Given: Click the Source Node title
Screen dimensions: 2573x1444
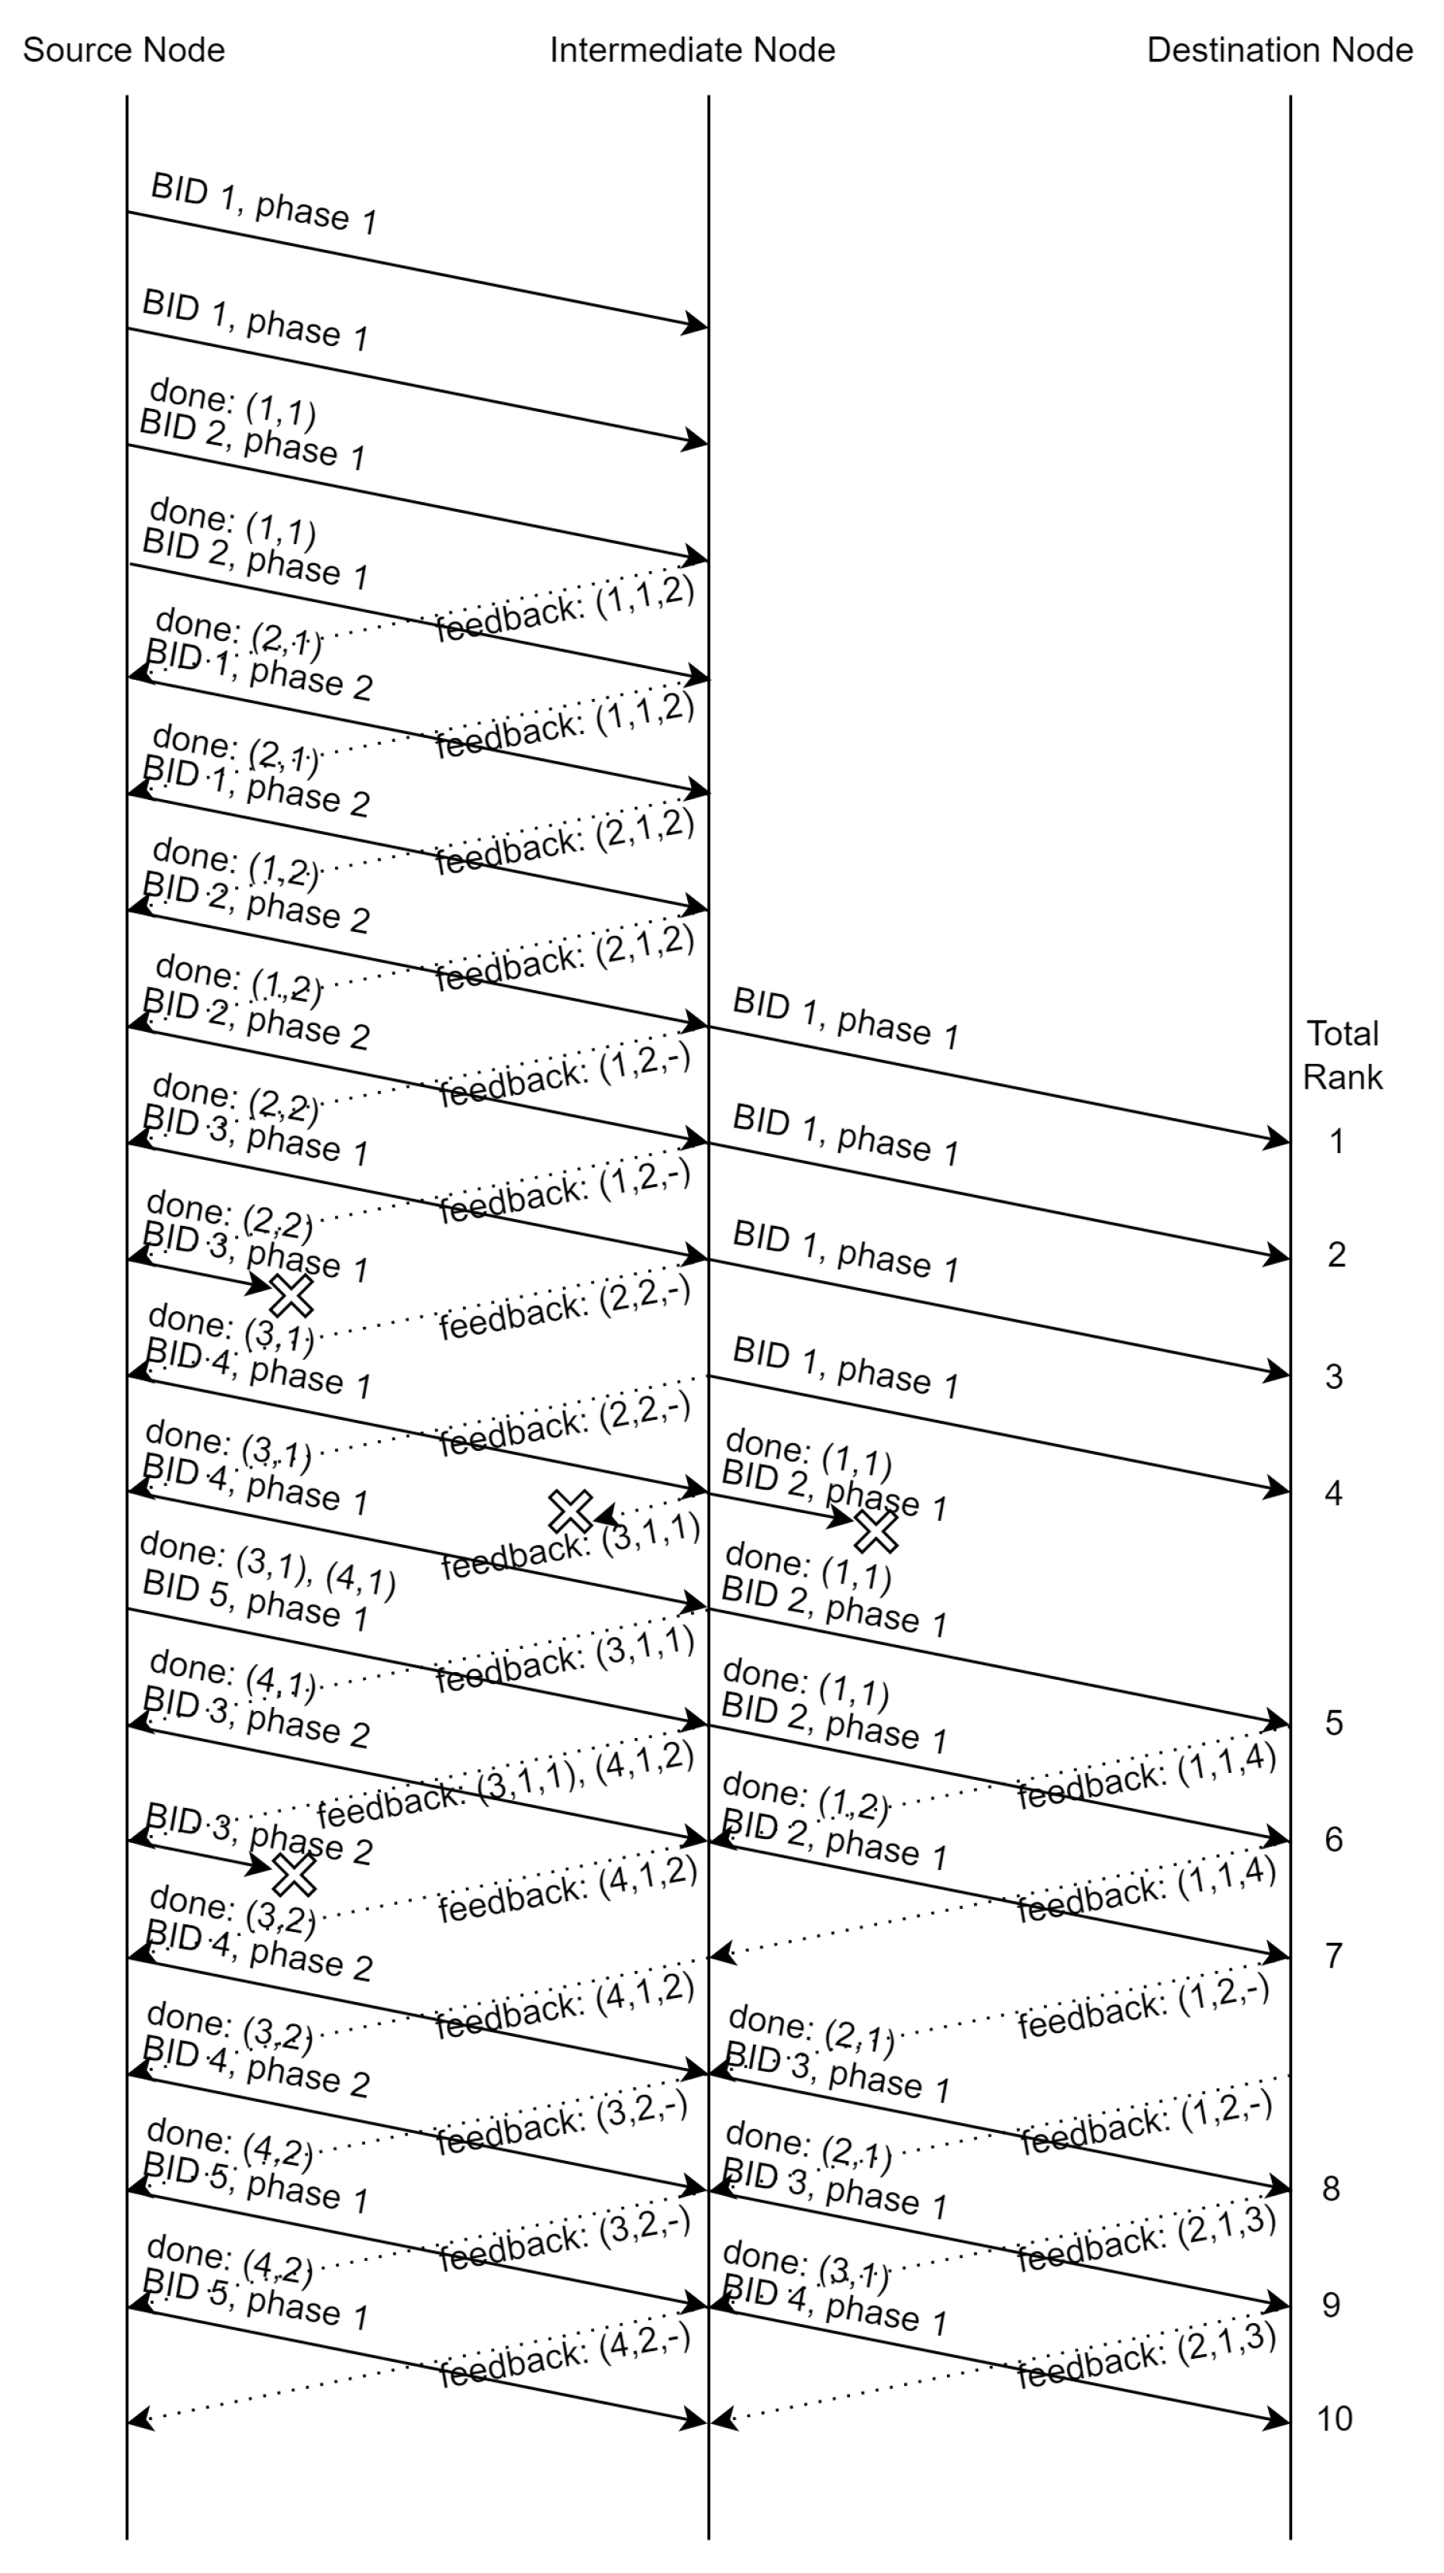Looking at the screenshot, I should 124,50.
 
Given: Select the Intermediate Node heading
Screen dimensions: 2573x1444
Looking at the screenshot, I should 692,50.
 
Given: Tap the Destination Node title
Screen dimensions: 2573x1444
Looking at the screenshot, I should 1280,50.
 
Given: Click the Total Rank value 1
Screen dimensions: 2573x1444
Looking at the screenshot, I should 1336,1141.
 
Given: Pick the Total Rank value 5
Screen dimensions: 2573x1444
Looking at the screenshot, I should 1333,1722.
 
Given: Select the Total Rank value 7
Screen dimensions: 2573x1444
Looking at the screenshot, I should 1333,1955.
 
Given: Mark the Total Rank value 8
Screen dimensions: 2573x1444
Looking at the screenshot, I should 1331,2187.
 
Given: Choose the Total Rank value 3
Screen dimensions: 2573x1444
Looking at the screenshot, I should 1333,1377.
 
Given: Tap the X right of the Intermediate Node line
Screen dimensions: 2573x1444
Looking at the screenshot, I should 876,1531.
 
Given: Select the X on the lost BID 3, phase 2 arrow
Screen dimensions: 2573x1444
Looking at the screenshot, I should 295,1875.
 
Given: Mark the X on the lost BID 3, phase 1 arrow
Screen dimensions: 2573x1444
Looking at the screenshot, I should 292,1296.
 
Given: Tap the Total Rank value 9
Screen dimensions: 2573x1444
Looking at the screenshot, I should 1331,2305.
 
